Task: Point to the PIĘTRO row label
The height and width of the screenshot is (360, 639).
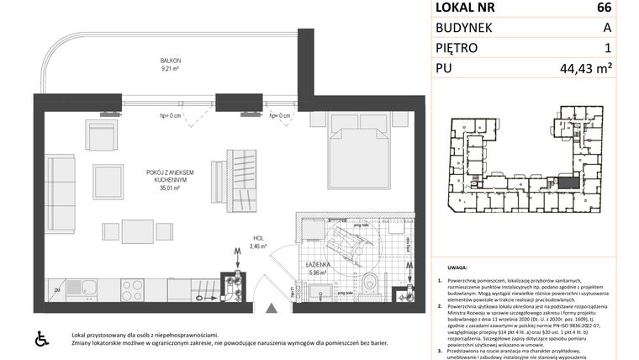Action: click(x=457, y=49)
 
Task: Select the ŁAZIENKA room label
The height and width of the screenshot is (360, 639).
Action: click(x=317, y=267)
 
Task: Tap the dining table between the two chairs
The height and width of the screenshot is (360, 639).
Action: click(x=135, y=230)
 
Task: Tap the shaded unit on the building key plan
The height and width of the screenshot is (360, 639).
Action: click(x=569, y=181)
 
